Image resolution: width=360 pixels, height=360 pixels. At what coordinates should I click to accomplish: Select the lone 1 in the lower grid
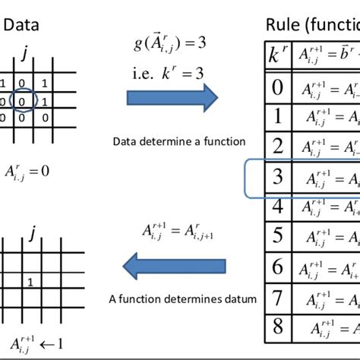(x=28, y=282)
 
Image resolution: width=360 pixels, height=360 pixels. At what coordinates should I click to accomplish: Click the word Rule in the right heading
(x=283, y=26)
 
